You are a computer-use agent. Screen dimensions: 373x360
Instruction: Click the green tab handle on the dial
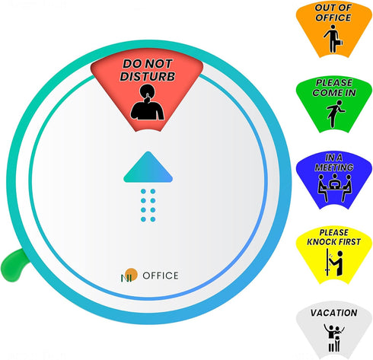click(x=13, y=266)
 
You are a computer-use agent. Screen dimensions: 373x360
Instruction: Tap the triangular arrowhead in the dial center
click(x=148, y=167)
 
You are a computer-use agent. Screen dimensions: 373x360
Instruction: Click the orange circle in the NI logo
click(x=132, y=274)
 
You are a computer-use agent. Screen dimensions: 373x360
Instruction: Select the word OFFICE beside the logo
click(x=161, y=276)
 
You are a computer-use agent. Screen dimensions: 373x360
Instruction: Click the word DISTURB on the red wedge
click(x=148, y=76)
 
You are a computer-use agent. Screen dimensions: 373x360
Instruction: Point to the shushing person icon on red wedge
click(x=148, y=102)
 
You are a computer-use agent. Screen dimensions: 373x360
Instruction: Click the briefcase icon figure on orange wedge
click(x=333, y=39)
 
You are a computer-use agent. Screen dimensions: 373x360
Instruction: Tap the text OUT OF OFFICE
click(x=333, y=13)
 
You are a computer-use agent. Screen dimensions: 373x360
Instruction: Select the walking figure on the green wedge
click(x=336, y=113)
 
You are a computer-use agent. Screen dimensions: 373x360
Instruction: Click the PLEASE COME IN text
click(x=334, y=88)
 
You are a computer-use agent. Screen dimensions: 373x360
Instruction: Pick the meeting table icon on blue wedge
click(x=335, y=187)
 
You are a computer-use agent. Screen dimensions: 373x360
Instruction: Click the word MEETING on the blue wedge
click(x=334, y=167)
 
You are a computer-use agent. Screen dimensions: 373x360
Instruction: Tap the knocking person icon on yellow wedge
click(x=334, y=263)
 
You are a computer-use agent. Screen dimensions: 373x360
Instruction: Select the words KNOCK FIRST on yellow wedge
click(x=333, y=242)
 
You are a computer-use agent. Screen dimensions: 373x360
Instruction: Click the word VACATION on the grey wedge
click(x=333, y=313)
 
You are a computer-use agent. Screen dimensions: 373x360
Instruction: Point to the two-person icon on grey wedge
click(x=334, y=338)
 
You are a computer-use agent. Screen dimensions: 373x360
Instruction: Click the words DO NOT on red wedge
click(x=148, y=64)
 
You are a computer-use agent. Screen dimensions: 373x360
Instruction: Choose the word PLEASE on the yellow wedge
click(x=333, y=232)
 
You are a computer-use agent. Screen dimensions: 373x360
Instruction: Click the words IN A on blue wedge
click(x=333, y=158)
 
